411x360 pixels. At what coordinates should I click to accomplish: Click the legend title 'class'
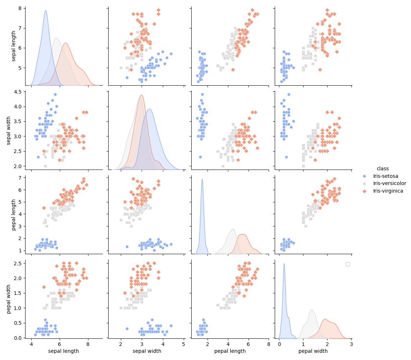click(x=383, y=168)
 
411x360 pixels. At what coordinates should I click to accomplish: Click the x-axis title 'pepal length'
click(x=230, y=351)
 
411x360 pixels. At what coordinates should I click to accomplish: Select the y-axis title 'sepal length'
click(x=14, y=46)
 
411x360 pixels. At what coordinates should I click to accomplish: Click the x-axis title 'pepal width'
click(x=313, y=351)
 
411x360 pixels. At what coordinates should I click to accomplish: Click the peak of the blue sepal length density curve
click(x=46, y=10)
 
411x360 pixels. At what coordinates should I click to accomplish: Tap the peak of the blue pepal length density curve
click(x=202, y=179)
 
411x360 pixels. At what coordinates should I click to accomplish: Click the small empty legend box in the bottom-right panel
click(x=347, y=264)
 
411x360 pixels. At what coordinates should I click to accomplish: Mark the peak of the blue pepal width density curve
click(x=284, y=264)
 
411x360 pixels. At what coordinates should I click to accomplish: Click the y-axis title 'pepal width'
click(x=9, y=299)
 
